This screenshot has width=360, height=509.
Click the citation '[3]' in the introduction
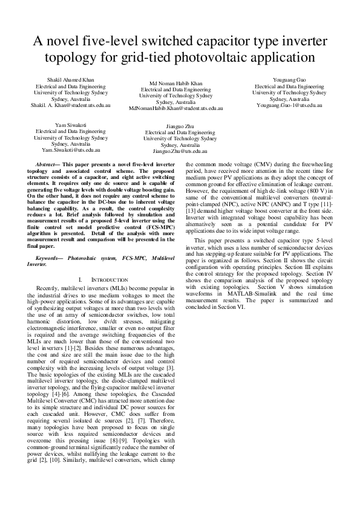click(172, 368)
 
